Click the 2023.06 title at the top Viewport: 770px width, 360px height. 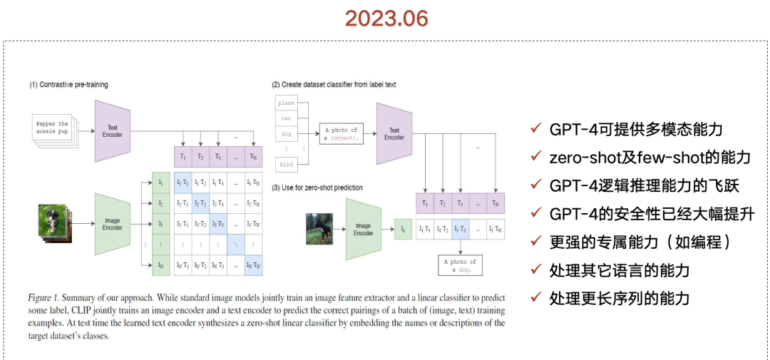pyautogui.click(x=386, y=19)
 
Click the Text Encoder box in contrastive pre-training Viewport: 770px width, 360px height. pyautogui.click(x=113, y=131)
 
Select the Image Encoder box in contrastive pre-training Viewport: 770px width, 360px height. pyautogui.click(x=113, y=223)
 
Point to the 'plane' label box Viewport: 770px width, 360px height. pyautogui.click(x=286, y=103)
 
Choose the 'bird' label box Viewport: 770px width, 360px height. pyautogui.click(x=286, y=165)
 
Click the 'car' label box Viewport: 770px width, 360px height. pyautogui.click(x=286, y=118)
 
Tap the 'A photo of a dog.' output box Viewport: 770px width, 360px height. pyautogui.click(x=456, y=266)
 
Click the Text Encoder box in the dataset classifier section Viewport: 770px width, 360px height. pyautogui.click(x=394, y=133)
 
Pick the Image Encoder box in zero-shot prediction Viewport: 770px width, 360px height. pyautogui.click(x=364, y=229)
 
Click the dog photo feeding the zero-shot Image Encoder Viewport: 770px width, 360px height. pyautogui.click(x=319, y=229)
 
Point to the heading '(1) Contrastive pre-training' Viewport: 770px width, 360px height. pyautogui.click(x=68, y=85)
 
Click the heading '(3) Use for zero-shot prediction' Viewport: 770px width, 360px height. pyautogui.click(x=317, y=187)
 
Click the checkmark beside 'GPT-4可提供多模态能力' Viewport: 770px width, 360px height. pyautogui.click(x=535, y=129)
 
